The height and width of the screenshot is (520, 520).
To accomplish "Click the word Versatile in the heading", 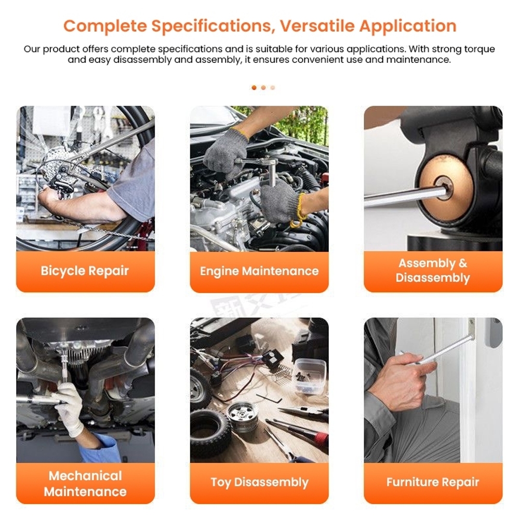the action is (317, 26).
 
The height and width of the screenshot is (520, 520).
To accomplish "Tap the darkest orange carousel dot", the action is (254, 88).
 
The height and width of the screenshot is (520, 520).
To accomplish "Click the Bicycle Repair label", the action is (85, 271).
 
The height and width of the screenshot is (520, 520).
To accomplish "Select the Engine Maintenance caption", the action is (259, 271).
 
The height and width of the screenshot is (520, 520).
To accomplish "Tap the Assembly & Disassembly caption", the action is (433, 270).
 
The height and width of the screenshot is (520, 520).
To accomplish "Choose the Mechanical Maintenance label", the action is (85, 484).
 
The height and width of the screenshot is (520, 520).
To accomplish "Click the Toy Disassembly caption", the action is (259, 483).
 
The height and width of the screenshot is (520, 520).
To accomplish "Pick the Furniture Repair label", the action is (433, 482).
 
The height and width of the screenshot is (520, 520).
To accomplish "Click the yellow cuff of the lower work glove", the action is (298, 212).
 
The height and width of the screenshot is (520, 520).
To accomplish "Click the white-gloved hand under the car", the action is (70, 408).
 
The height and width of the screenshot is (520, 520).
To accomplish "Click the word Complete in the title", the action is (105, 26).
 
